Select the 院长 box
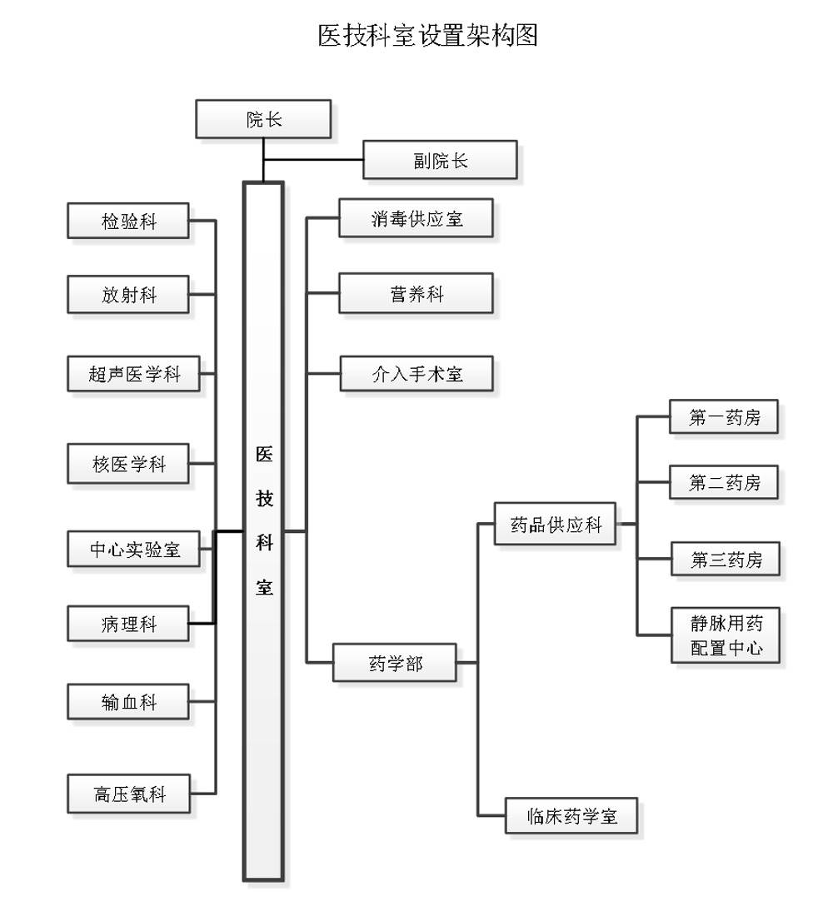263,119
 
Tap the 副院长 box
440,160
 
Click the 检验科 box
128,221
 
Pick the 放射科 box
128,295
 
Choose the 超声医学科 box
133,373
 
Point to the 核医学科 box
128,464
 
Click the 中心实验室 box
133,548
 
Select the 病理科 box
128,622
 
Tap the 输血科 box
128,702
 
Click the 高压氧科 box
128,794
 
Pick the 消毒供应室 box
416,218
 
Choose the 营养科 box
416,293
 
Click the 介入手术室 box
416,373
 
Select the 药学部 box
395,663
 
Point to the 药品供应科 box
555,524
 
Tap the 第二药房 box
724,482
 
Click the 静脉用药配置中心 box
726,635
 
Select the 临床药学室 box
571,815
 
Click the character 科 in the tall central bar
263,543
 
